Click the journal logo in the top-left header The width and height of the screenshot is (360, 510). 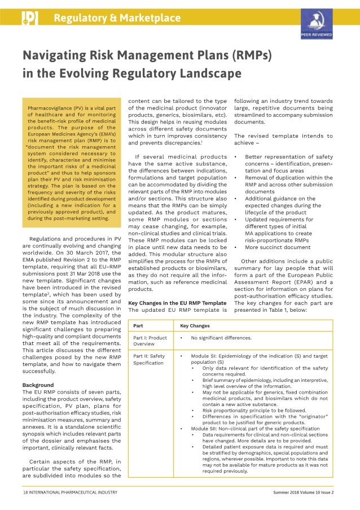point(29,18)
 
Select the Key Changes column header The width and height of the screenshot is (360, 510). point(195,326)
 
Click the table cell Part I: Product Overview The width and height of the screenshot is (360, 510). point(150,341)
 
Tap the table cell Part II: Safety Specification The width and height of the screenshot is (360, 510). point(150,359)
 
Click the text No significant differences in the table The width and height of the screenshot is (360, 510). point(221,338)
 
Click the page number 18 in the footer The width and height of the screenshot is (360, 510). point(25,492)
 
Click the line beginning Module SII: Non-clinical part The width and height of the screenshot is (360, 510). point(247,429)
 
